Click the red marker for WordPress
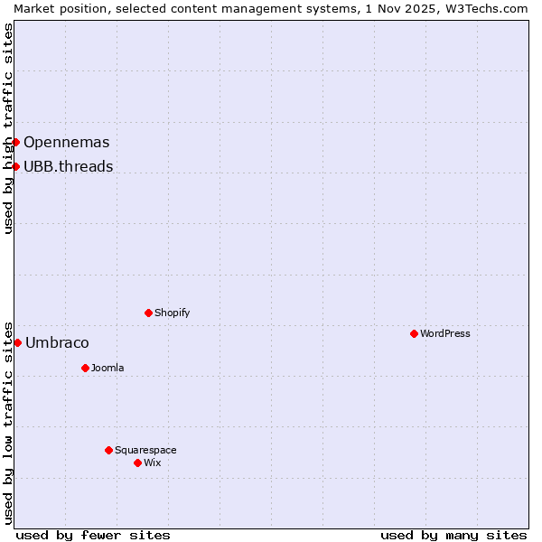(414, 333)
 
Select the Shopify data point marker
(148, 313)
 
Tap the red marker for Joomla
(85, 368)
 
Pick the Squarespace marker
(108, 450)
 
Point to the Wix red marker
(137, 463)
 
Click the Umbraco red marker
(17, 342)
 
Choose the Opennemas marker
(15, 142)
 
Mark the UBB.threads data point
(15, 166)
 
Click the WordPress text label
(445, 333)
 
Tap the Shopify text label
(173, 313)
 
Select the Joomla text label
(107, 368)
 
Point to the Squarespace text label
(145, 450)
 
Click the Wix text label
(153, 463)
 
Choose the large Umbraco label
(57, 342)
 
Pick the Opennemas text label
(67, 142)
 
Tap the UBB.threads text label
(69, 166)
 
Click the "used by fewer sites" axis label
(93, 535)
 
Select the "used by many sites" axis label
(453, 535)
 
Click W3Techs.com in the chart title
(491, 8)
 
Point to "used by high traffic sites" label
(8, 128)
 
